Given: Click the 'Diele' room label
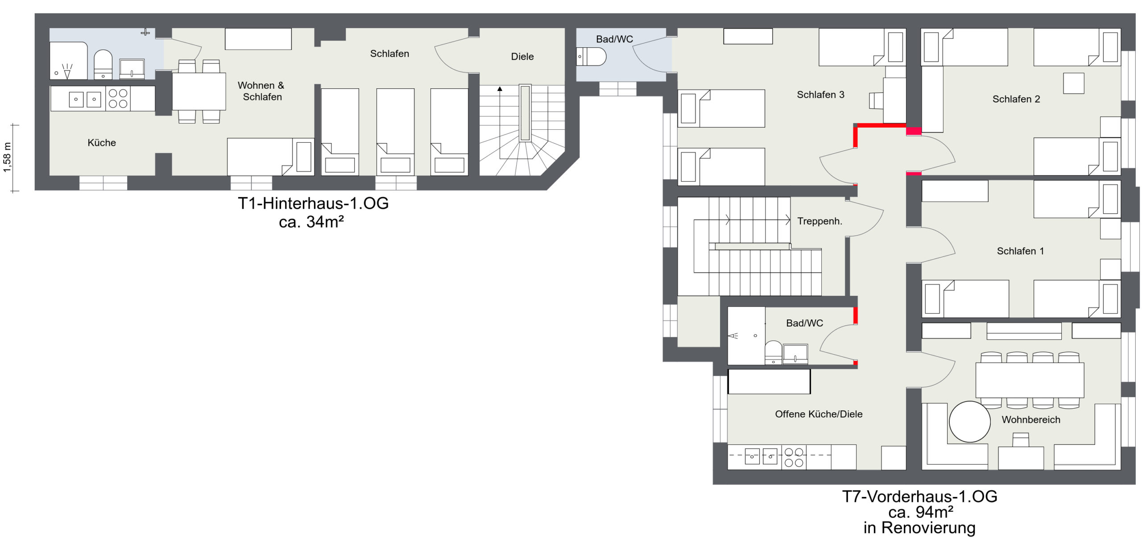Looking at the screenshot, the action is (522, 57).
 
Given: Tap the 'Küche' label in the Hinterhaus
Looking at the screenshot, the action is (102, 143).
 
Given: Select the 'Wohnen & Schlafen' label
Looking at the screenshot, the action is (261, 91).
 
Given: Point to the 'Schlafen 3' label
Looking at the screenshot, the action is (820, 95).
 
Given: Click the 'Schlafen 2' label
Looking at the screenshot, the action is (1016, 99).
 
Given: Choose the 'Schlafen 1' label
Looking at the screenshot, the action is (1020, 251).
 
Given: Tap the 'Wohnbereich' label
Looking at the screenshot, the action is (1031, 420).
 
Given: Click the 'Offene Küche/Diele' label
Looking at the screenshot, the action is (819, 414).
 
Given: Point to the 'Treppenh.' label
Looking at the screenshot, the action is (820, 221).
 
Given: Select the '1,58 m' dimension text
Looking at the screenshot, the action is (7, 157).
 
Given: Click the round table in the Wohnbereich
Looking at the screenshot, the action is (970, 422).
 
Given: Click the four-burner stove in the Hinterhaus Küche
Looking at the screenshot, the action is (118, 99).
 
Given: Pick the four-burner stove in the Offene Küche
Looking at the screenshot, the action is (794, 458).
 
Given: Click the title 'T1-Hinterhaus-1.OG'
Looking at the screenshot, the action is (313, 203).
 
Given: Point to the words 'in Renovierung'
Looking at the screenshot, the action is (919, 528).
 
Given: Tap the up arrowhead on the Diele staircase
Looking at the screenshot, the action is (500, 89).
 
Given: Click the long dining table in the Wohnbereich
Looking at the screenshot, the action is (1030, 380).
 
